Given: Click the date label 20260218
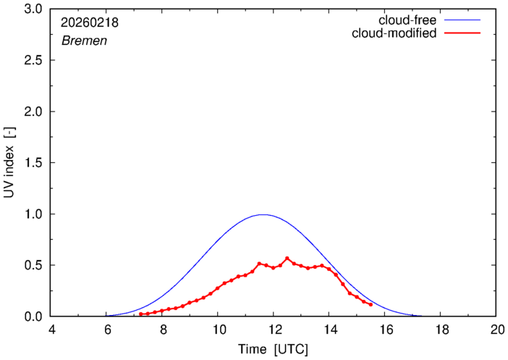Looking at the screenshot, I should (x=90, y=23).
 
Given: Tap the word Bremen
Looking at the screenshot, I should (x=84, y=41).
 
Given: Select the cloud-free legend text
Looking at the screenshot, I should (x=406, y=20).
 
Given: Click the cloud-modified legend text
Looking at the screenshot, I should (x=393, y=33).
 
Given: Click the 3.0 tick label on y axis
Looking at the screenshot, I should (x=33, y=9).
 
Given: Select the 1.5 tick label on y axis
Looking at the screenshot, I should (x=33, y=163).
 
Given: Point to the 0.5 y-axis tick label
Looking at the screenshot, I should (x=33, y=265).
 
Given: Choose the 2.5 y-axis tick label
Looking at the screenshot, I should (x=33, y=61).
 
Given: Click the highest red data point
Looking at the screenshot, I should (x=287, y=258).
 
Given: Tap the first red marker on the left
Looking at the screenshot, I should (x=140, y=314).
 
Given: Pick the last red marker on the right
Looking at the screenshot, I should (x=371, y=305).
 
